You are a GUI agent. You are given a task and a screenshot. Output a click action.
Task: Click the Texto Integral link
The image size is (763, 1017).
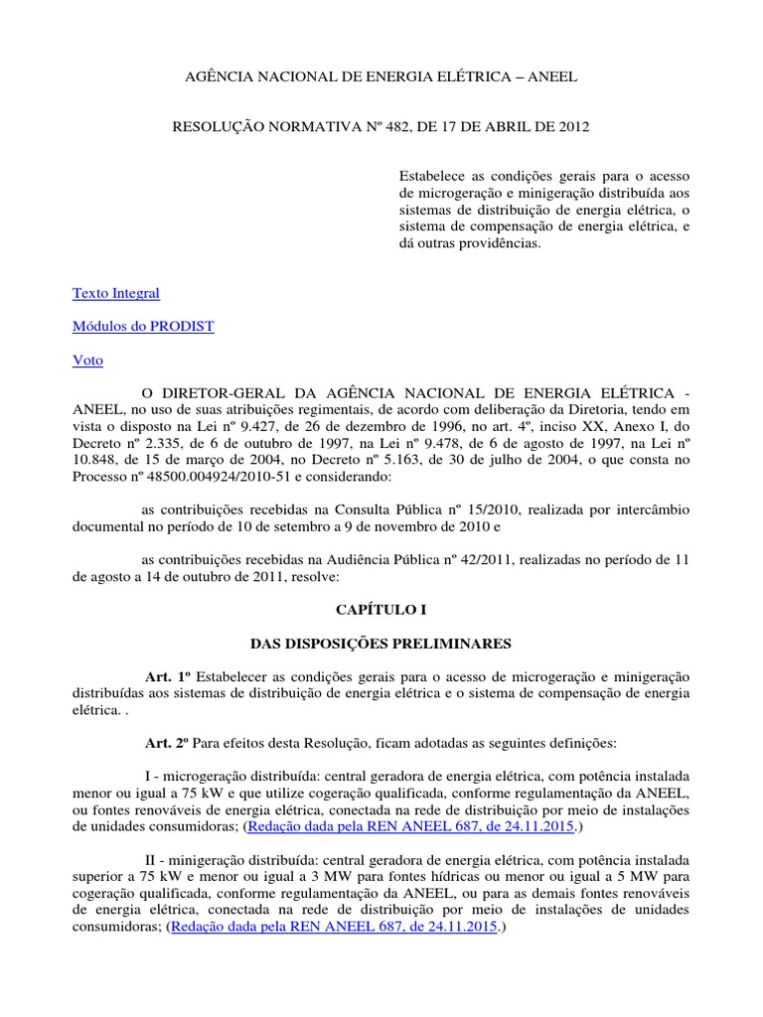coord(115,294)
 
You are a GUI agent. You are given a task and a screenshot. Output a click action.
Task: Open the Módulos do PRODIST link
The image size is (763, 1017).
coord(143,328)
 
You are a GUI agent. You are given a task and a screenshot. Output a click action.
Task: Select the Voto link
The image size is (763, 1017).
coord(87,362)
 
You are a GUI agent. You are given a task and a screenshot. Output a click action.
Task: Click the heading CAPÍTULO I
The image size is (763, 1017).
coord(381,609)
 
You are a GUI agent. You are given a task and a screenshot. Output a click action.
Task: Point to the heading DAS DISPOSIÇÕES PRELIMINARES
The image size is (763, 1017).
coord(381,644)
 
